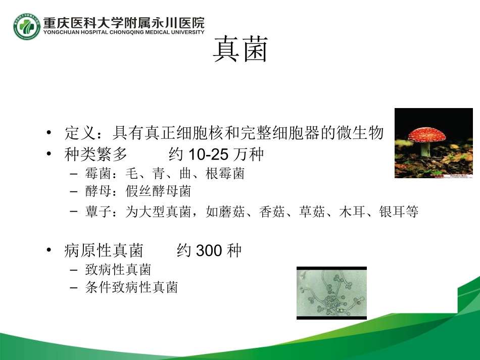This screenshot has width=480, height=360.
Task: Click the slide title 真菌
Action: click(239, 49)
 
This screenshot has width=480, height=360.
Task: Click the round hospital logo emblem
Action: click(27, 26)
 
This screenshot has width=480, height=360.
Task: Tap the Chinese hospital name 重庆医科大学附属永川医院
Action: click(124, 23)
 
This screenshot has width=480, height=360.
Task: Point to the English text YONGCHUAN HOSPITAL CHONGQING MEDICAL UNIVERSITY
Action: click(124, 32)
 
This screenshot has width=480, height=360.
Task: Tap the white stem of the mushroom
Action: click(426, 149)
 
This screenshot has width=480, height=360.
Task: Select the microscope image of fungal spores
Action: click(331, 293)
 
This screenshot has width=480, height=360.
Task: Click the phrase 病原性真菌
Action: click(104, 250)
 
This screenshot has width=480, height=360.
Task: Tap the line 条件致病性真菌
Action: click(131, 288)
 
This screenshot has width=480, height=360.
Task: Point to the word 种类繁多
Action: click(96, 155)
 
